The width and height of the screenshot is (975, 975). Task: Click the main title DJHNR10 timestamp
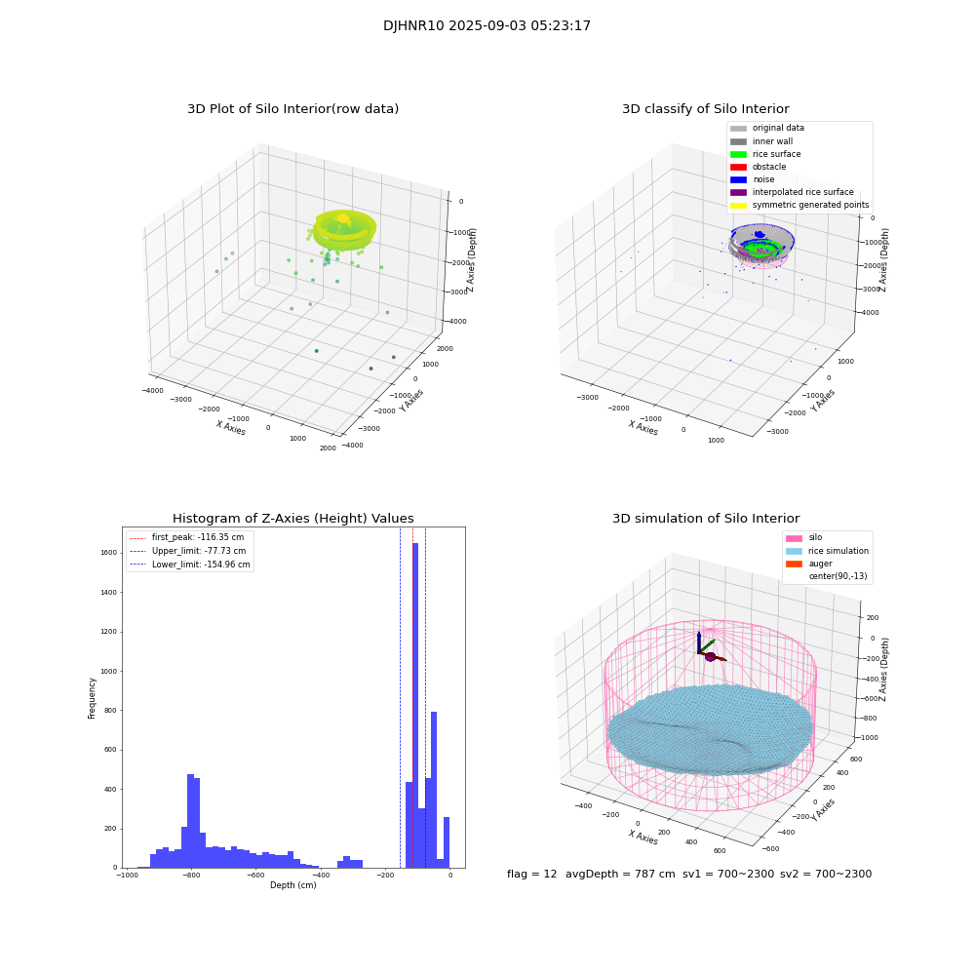(x=487, y=26)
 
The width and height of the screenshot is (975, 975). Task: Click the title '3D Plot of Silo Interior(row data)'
(x=292, y=109)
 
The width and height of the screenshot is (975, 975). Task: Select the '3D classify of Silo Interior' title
(x=705, y=109)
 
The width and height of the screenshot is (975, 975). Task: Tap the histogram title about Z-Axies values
(x=292, y=519)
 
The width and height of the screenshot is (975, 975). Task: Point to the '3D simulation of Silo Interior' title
(x=705, y=519)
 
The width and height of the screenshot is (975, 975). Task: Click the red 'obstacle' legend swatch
(x=738, y=167)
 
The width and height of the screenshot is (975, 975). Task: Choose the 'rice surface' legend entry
(x=776, y=154)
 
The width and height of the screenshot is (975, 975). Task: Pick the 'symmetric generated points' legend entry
(x=809, y=205)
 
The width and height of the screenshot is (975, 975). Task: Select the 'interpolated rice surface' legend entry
(x=802, y=192)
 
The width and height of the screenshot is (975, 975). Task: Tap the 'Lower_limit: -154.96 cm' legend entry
(x=201, y=565)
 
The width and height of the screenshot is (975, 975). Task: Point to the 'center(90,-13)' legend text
(x=837, y=576)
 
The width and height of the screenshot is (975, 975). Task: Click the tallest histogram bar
(x=415, y=702)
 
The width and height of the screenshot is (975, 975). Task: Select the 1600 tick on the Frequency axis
(x=109, y=553)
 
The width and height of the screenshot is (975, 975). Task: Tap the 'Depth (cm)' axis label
(x=292, y=885)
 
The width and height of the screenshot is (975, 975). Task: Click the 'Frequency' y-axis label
(x=93, y=698)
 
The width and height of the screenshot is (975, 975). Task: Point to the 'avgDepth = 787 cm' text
(x=620, y=875)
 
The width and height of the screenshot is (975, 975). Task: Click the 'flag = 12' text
(x=531, y=875)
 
